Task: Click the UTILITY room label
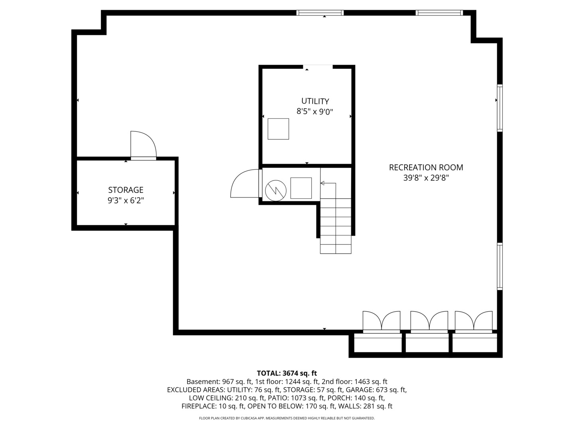click(315, 101)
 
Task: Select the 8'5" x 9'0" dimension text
click(315, 112)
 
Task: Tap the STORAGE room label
click(126, 190)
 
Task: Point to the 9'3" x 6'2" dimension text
click(126, 201)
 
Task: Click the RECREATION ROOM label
click(426, 168)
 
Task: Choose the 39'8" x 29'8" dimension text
click(426, 178)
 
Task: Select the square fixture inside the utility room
click(278, 129)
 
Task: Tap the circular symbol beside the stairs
click(276, 190)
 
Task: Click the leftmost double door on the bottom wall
click(381, 322)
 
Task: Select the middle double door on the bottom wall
click(429, 322)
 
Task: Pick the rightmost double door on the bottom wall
click(474, 322)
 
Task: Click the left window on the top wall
click(320, 13)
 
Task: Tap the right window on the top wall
click(439, 13)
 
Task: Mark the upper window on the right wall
click(499, 107)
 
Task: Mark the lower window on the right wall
click(499, 266)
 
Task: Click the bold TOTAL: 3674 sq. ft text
click(287, 373)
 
